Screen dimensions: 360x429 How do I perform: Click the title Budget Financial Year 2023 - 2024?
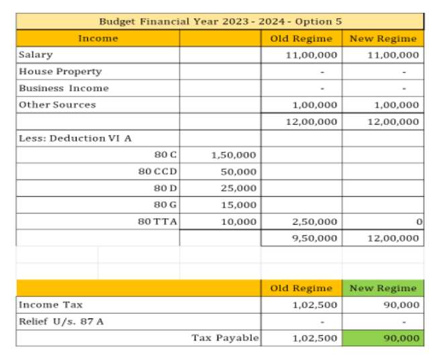click(220, 21)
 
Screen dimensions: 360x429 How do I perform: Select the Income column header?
click(98, 38)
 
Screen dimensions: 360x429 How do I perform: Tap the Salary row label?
click(36, 54)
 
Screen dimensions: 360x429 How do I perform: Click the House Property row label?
click(60, 71)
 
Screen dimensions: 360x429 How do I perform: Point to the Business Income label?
click(63, 88)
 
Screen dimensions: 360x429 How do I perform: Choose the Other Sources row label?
click(57, 105)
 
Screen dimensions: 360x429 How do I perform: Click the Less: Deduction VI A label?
click(75, 138)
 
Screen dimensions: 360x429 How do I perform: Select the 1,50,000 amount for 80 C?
click(234, 155)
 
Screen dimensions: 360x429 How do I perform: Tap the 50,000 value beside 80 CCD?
click(238, 172)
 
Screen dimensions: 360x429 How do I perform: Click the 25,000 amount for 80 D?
click(238, 189)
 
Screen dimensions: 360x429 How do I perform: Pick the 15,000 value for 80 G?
click(238, 206)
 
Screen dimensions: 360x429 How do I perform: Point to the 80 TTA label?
click(158, 222)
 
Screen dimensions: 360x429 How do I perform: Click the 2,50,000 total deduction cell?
click(314, 222)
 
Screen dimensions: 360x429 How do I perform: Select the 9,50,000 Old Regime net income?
click(314, 238)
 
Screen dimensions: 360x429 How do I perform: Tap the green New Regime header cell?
click(383, 288)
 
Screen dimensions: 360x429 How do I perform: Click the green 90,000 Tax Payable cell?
click(383, 338)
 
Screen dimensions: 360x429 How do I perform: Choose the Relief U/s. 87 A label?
click(61, 321)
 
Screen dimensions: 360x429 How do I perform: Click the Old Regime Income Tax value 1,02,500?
click(314, 305)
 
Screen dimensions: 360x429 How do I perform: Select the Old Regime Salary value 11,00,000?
click(311, 54)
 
